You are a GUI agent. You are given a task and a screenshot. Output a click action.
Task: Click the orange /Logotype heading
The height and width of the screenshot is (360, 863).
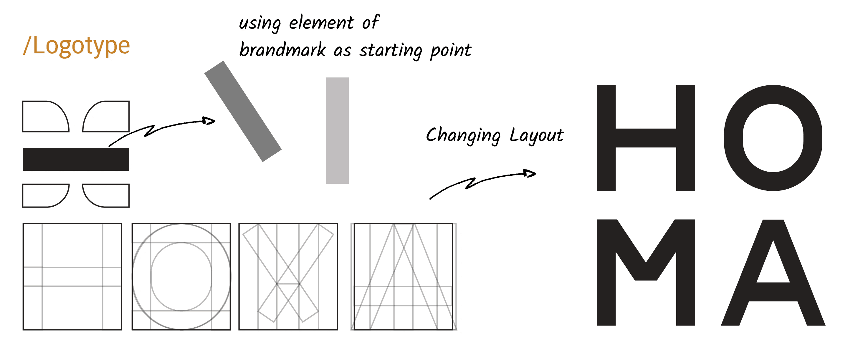(76, 46)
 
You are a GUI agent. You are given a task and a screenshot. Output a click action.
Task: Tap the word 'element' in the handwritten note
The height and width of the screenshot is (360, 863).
(321, 23)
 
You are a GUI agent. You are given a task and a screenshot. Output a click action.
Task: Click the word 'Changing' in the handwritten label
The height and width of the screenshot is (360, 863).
(463, 136)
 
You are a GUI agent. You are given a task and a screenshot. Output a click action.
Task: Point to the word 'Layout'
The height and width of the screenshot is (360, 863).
(537, 136)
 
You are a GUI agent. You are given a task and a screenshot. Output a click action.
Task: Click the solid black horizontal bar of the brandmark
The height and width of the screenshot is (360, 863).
(76, 160)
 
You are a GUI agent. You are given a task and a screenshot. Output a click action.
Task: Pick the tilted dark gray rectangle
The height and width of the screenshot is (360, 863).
(243, 111)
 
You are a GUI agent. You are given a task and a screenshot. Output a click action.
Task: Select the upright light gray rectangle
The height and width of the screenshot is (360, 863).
(337, 131)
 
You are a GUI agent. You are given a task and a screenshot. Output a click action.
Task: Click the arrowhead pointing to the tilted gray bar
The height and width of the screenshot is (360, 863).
(209, 121)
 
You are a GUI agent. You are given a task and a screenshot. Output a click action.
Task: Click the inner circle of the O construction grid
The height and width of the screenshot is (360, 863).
(151, 277)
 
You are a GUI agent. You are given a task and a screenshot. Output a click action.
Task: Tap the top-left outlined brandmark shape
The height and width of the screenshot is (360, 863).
(23, 117)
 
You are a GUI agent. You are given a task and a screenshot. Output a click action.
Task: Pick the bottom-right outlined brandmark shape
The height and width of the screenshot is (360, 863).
(129, 195)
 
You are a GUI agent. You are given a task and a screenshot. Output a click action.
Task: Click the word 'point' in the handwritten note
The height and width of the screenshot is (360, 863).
(451, 51)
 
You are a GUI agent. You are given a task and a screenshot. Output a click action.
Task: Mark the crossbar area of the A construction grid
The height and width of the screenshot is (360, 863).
(403, 296)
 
